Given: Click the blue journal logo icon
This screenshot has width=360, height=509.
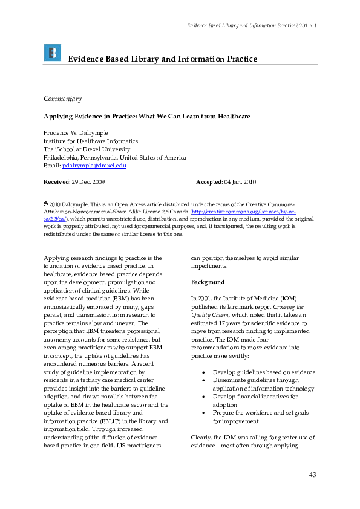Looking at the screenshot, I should click(x=53, y=53).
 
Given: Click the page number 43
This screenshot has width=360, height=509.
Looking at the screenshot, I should click(x=312, y=475).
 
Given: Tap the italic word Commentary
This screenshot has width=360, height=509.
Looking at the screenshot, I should click(x=62, y=99).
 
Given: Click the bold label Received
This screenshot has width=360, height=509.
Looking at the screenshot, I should click(x=56, y=181).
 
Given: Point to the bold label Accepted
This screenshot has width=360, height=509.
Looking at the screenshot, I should click(x=209, y=181).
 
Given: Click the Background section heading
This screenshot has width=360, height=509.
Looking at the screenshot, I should click(x=208, y=282).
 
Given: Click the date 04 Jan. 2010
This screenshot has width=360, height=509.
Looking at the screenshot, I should click(x=241, y=181).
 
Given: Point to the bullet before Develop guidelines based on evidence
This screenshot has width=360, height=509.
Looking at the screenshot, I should click(x=206, y=373).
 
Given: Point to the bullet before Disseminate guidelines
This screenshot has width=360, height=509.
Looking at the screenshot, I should click(x=206, y=381).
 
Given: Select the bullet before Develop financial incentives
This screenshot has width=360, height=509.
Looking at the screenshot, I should click(x=206, y=397).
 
